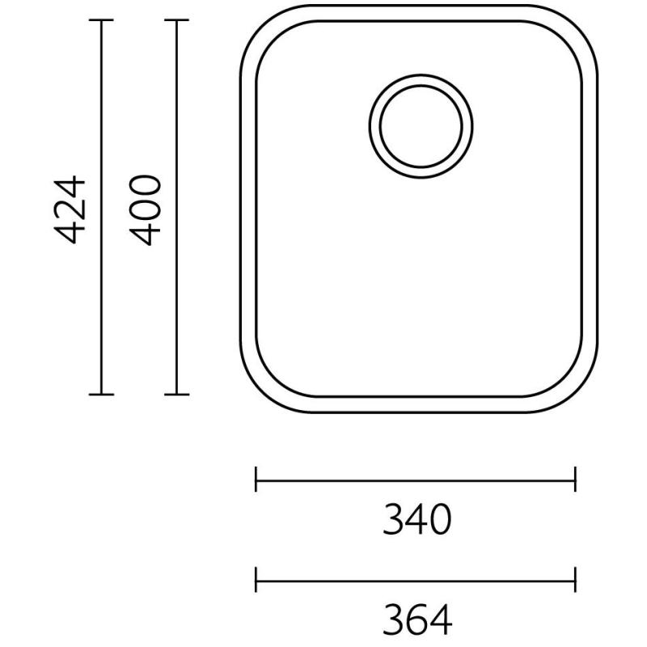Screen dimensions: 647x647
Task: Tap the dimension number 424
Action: pyautogui.click(x=74, y=208)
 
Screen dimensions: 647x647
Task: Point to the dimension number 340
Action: pyautogui.click(x=416, y=520)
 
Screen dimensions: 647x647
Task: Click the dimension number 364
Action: pyautogui.click(x=416, y=620)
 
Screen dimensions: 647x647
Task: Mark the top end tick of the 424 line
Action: pyautogui.click(x=101, y=20)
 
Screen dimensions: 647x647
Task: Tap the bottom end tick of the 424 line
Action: pyautogui.click(x=101, y=395)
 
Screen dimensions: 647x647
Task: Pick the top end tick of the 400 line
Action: pyautogui.click(x=176, y=20)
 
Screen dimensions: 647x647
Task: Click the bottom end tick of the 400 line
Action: pyautogui.click(x=176, y=395)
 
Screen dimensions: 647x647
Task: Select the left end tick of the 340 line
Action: pyautogui.click(x=256, y=479)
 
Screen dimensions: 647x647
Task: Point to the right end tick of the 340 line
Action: pyautogui.click(x=575, y=479)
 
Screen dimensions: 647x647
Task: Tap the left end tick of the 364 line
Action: pyautogui.click(x=256, y=579)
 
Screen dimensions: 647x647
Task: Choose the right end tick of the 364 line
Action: pyautogui.click(x=575, y=579)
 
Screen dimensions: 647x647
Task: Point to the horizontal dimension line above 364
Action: pyautogui.click(x=416, y=579)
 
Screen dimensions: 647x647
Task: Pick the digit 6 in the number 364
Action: pyautogui.click(x=416, y=620)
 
